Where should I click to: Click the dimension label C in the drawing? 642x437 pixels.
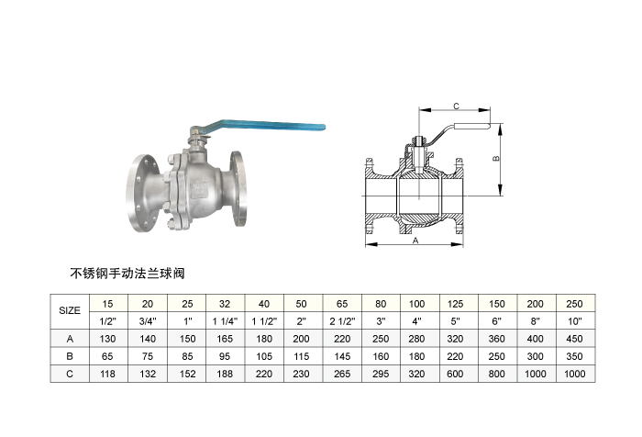(x=456, y=106)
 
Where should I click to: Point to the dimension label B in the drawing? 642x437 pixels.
(x=496, y=158)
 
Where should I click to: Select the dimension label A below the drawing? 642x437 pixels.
(x=415, y=241)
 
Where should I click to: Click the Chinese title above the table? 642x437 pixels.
(x=127, y=273)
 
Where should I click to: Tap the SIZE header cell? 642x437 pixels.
(x=70, y=310)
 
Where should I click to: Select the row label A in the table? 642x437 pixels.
(x=70, y=339)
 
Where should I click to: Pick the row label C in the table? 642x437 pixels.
(x=70, y=374)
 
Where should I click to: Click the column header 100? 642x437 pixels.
(x=416, y=304)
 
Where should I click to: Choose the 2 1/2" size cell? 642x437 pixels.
(x=342, y=321)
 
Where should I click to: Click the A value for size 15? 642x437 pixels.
(x=107, y=339)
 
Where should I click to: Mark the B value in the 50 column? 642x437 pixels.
(x=302, y=356)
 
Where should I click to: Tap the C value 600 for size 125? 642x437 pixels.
(x=455, y=374)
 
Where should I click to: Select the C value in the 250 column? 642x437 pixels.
(x=574, y=374)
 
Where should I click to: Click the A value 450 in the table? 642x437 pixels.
(x=574, y=339)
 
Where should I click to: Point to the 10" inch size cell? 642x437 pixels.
(x=574, y=321)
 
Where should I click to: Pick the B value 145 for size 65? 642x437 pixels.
(x=342, y=356)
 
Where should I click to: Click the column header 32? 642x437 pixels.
(x=225, y=304)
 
